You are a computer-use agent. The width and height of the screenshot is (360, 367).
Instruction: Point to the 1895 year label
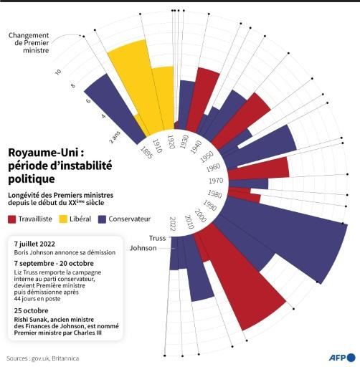click(145, 154)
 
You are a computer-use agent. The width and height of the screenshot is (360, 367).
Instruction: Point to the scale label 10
click(58, 72)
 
